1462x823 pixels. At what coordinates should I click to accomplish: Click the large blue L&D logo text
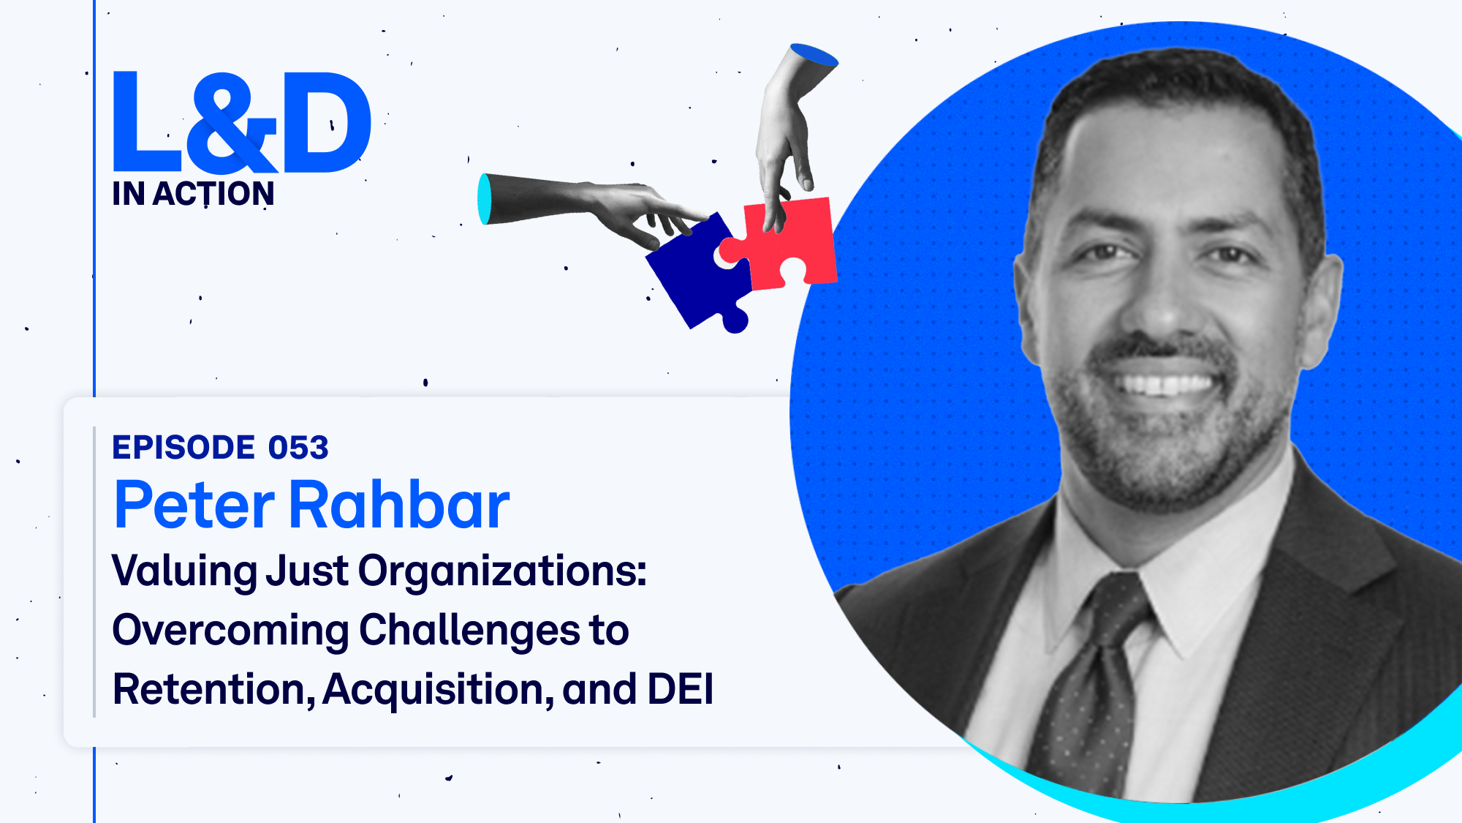pos(241,121)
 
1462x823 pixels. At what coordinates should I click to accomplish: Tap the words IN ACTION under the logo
pos(193,194)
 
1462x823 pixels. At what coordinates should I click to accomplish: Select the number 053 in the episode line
pos(298,448)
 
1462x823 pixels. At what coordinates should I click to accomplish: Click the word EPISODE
pos(183,448)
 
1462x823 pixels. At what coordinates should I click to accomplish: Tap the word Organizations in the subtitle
pos(502,571)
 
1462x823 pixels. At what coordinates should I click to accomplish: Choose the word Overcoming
pos(230,631)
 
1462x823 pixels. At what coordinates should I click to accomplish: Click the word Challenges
pos(469,631)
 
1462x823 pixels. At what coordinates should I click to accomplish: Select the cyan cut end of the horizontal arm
pos(484,199)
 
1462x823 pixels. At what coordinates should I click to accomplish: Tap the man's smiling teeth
pos(1167,383)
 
